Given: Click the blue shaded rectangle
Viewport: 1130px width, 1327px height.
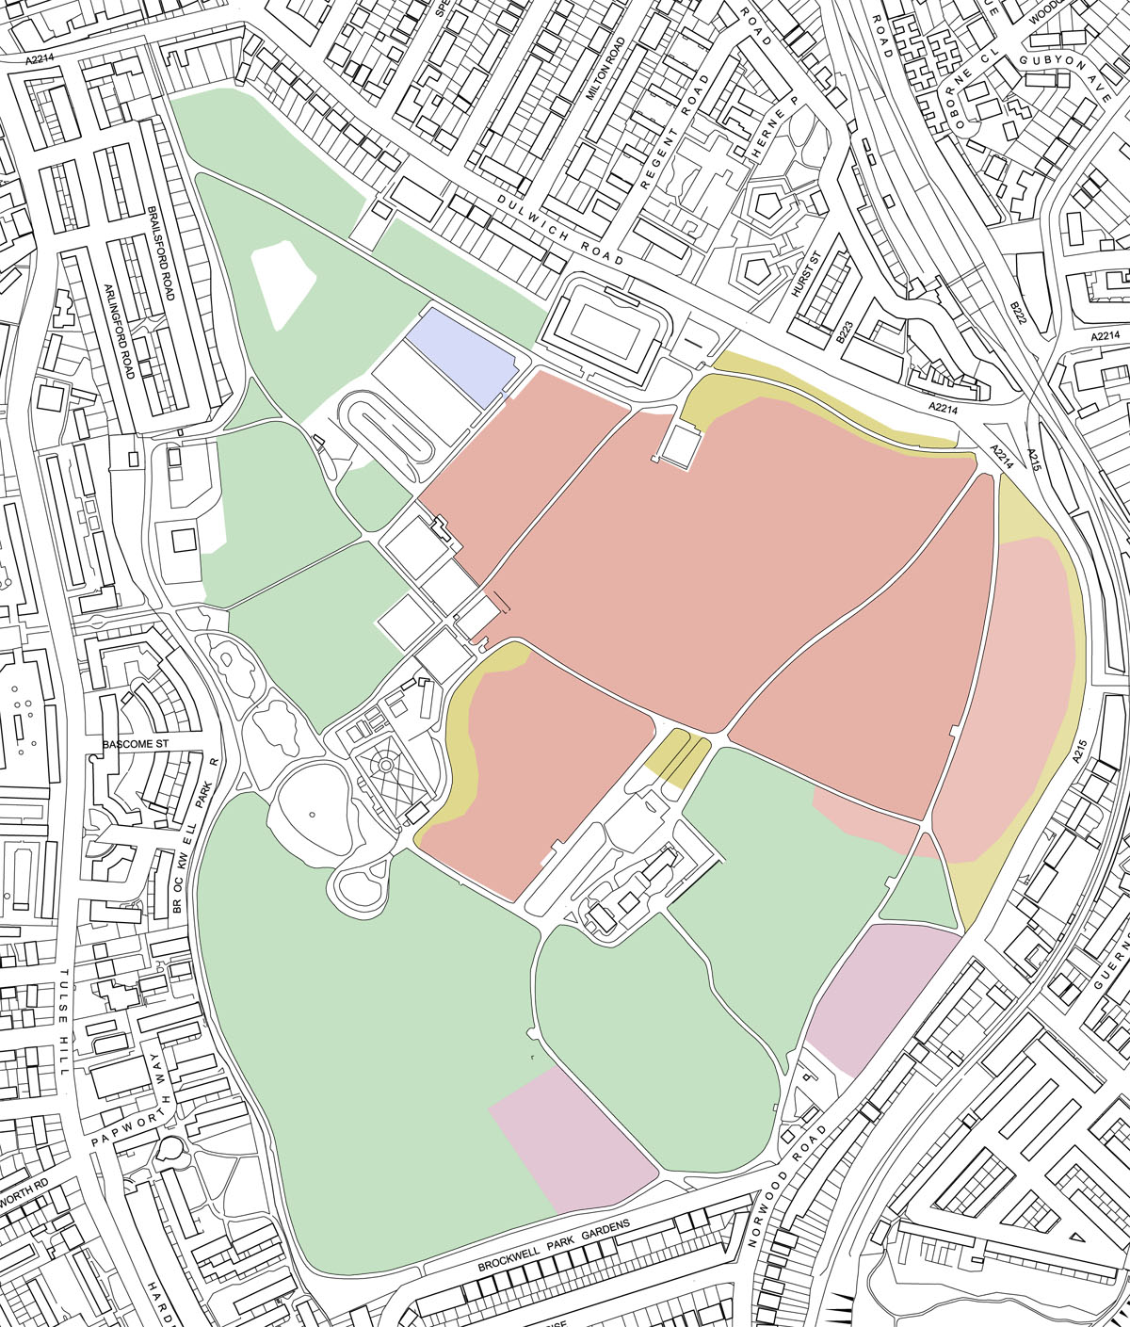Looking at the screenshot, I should (x=464, y=353).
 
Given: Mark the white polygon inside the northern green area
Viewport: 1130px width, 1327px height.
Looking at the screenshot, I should (x=283, y=282).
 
